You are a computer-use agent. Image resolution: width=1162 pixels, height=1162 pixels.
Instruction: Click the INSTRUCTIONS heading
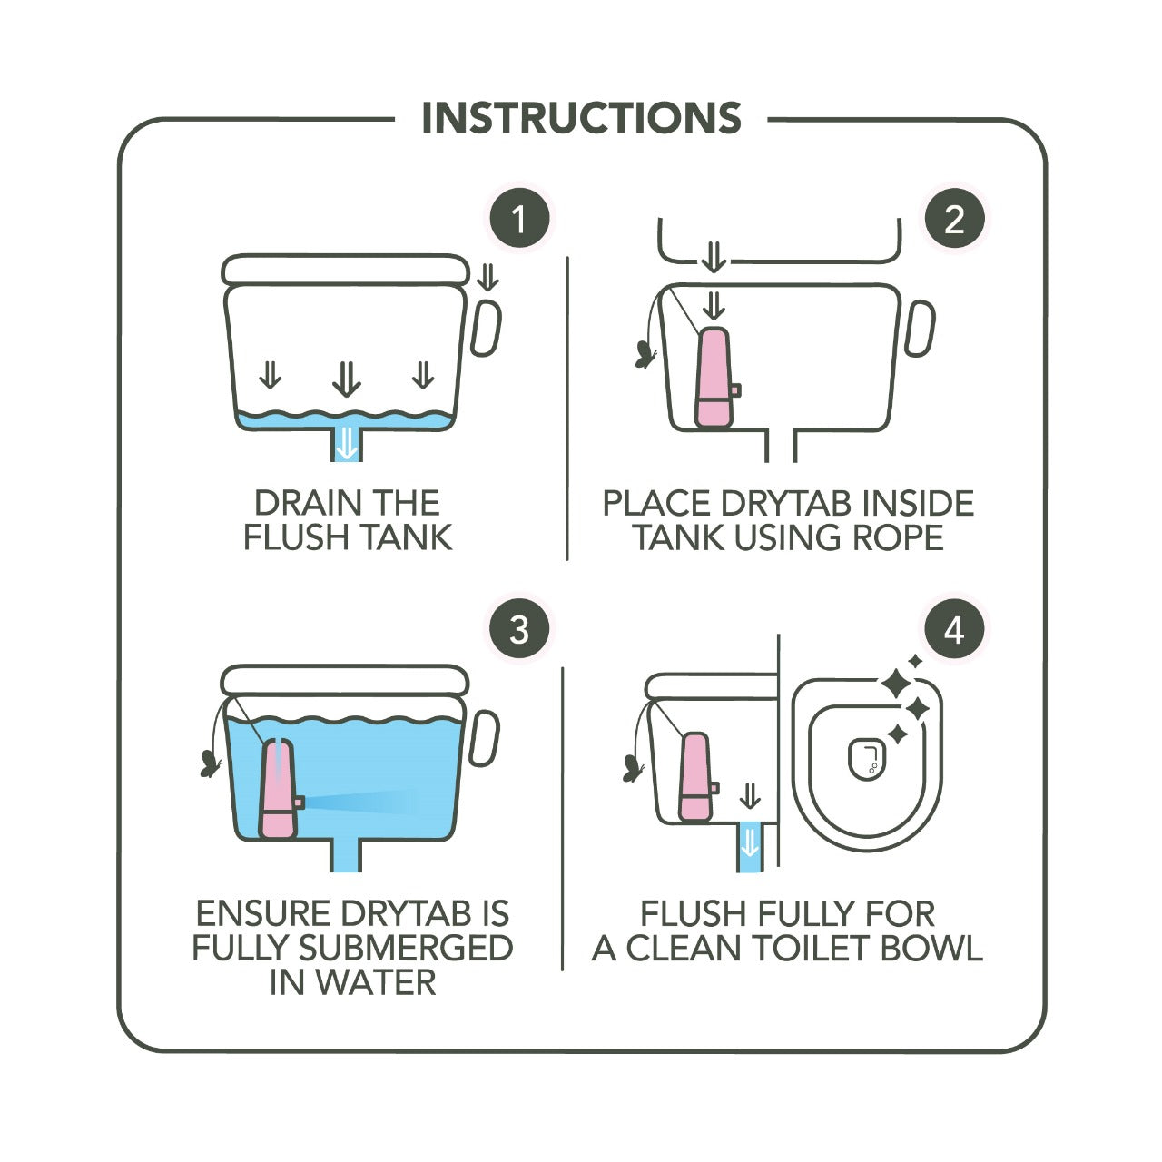581,118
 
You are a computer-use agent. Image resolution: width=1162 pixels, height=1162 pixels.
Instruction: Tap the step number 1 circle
519,218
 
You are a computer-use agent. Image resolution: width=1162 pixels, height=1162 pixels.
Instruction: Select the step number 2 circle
954,218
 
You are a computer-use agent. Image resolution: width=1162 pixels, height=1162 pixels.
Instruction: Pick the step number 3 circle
519,631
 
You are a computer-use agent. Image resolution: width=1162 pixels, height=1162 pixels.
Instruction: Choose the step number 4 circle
954,631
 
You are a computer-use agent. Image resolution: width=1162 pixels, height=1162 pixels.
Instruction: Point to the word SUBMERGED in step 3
406,948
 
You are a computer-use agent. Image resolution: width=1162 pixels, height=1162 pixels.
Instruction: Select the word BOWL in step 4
931,948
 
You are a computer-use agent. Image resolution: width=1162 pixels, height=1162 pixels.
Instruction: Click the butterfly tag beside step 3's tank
210,763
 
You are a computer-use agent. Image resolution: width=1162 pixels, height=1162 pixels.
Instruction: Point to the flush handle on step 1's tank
486,328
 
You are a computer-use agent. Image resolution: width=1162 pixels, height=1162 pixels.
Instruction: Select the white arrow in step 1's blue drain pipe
347,445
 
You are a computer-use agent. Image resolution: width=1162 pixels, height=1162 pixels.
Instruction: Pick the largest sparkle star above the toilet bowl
896,684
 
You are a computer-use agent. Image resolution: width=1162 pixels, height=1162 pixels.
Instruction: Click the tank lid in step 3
345,681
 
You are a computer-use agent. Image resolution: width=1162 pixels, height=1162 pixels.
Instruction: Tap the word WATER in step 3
376,982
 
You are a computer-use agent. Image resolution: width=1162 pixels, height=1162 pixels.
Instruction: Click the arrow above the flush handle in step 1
487,278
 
